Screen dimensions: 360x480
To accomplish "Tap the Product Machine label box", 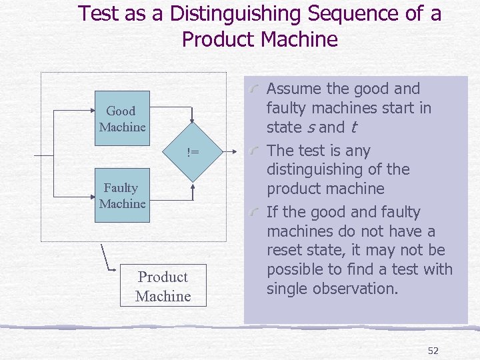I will [163, 287].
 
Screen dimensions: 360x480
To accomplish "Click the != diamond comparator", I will [193, 153].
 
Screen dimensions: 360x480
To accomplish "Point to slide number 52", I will [433, 351].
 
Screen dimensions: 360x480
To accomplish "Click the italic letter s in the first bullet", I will [310, 127].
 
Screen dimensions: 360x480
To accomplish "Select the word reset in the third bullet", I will [285, 251].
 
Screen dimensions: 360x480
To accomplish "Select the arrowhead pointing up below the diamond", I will [193, 186].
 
